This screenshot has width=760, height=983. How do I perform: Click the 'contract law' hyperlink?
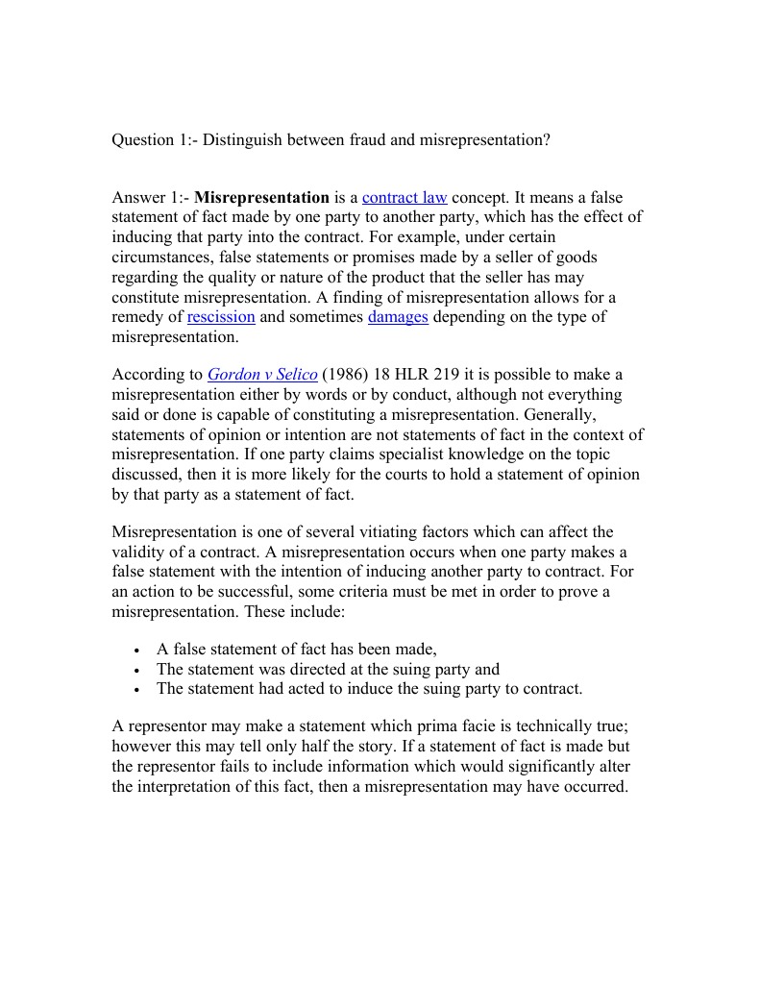point(405,197)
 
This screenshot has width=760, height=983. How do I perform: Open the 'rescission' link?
point(221,317)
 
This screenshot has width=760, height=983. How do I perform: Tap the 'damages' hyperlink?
point(398,317)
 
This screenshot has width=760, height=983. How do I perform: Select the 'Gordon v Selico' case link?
point(262,374)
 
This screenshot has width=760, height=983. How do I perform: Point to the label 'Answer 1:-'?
point(151,197)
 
